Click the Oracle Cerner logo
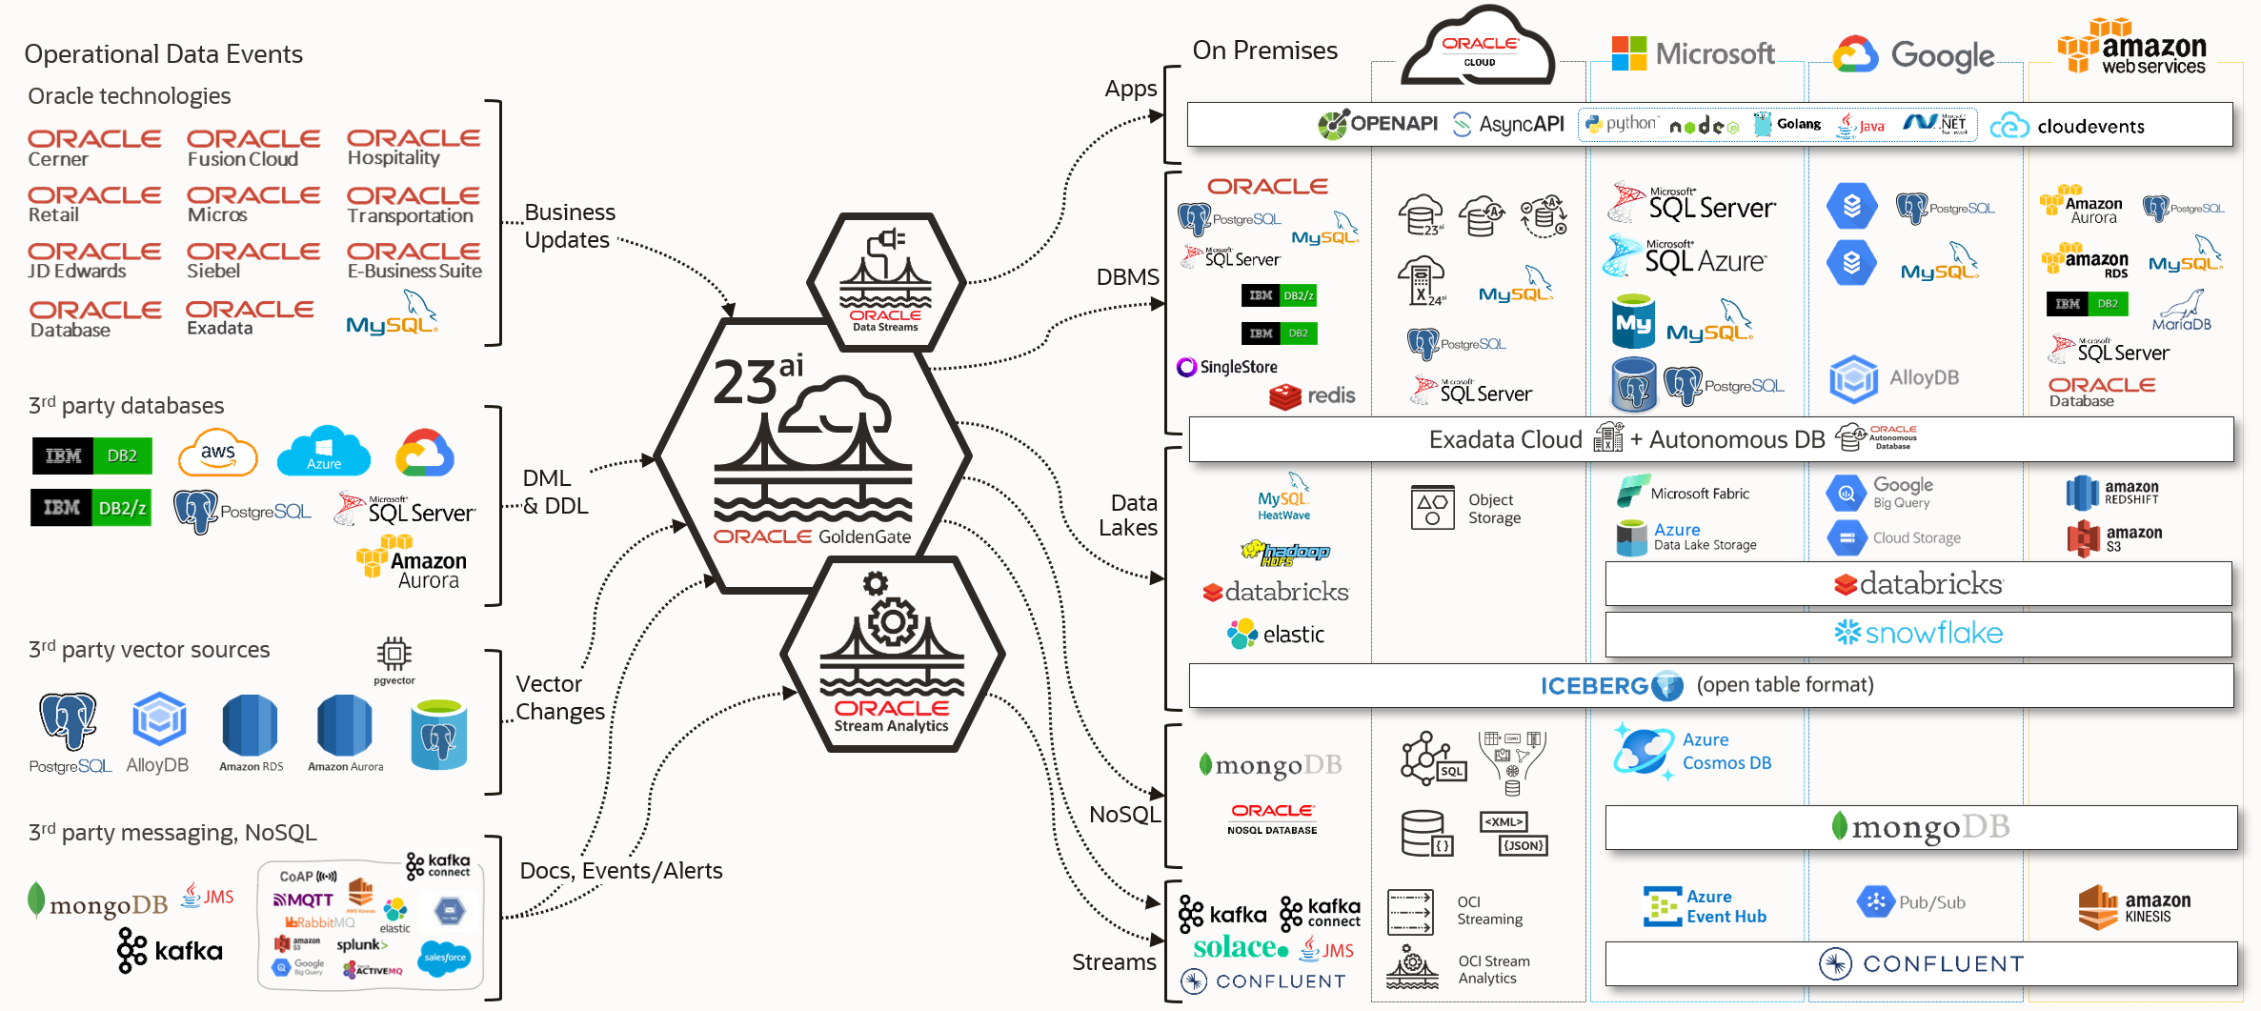[x=93, y=148]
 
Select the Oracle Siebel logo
[x=252, y=260]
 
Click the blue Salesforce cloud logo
[x=445, y=957]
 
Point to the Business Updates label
[x=570, y=226]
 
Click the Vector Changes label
[x=559, y=698]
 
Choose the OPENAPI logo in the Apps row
[x=1378, y=124]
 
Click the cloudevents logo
[x=2068, y=126]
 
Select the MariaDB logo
[x=2181, y=312]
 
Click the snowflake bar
[x=1918, y=634]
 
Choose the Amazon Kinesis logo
[x=2133, y=907]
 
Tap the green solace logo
[x=1240, y=947]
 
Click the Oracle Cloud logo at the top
[x=1478, y=51]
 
